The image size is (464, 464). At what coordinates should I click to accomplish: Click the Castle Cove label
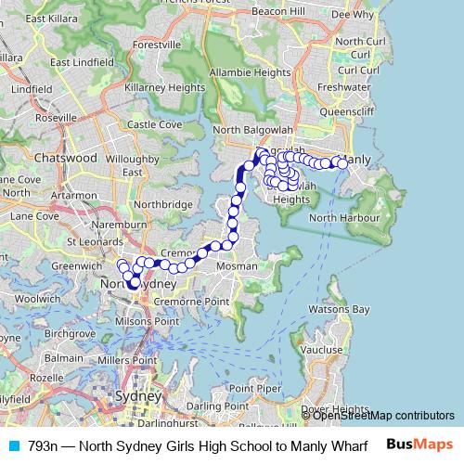pyautogui.click(x=154, y=124)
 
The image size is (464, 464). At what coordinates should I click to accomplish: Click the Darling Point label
pyautogui.click(x=216, y=406)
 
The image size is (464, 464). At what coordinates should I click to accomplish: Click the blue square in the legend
pyautogui.click(x=14, y=445)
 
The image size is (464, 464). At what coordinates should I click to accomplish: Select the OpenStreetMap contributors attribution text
pyautogui.click(x=382, y=415)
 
